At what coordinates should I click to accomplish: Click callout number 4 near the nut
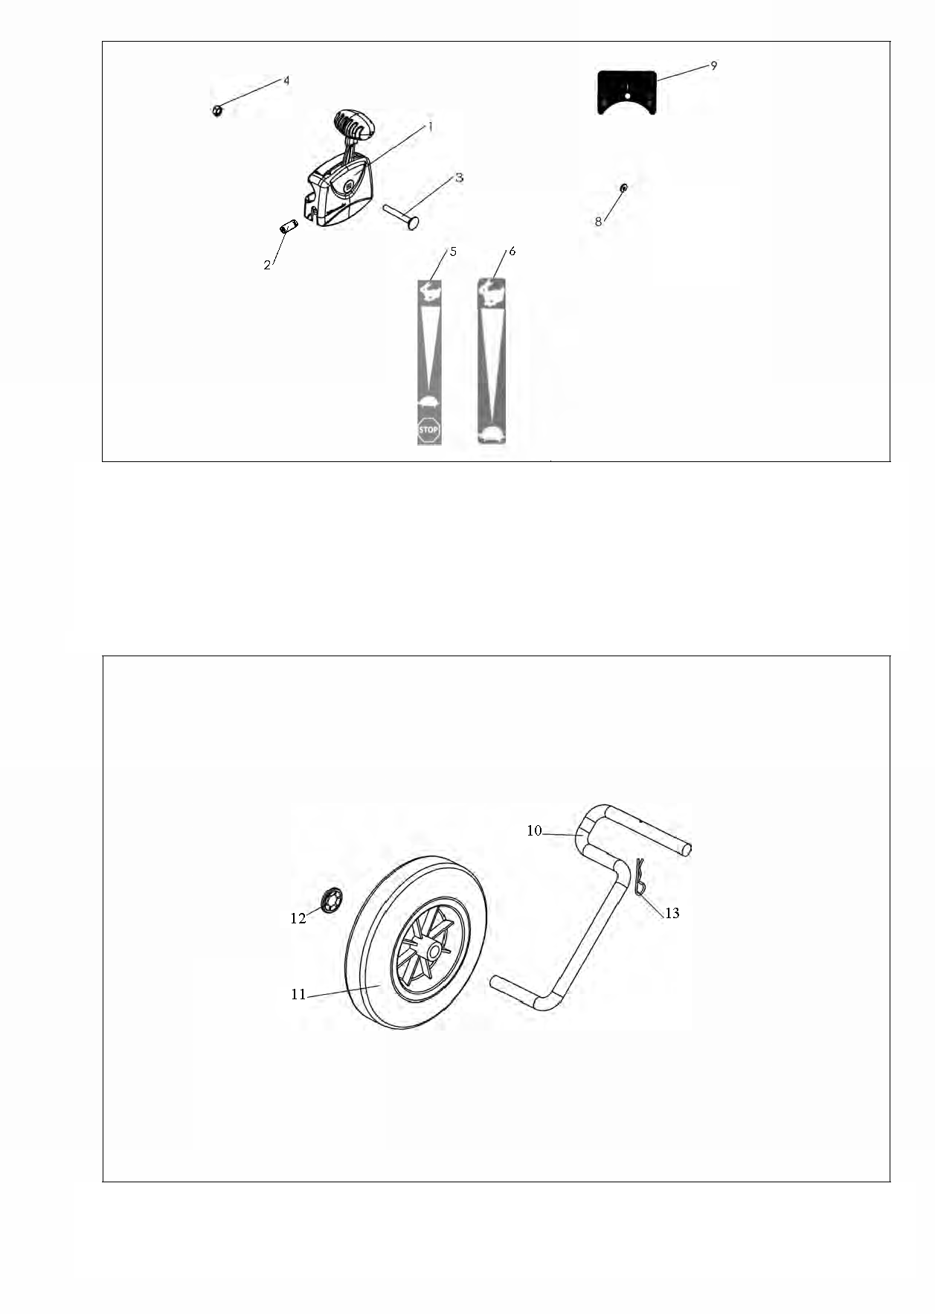pyautogui.click(x=286, y=80)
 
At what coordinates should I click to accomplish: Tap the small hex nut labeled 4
pyautogui.click(x=217, y=111)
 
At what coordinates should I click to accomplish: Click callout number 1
pyautogui.click(x=429, y=126)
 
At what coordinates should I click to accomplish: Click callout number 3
pyautogui.click(x=460, y=178)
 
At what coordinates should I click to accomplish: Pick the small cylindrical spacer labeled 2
pyautogui.click(x=289, y=227)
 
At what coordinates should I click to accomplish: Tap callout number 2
pyautogui.click(x=267, y=266)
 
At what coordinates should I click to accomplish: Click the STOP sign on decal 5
pyautogui.click(x=429, y=430)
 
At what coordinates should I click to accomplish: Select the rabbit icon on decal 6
pyautogui.click(x=490, y=291)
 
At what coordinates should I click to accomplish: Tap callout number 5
pyautogui.click(x=453, y=251)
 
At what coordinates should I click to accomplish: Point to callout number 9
pyautogui.click(x=714, y=65)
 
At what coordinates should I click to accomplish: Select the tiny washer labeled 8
pyautogui.click(x=623, y=188)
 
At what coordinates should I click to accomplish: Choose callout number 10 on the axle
pyautogui.click(x=534, y=831)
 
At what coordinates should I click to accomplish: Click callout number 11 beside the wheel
pyautogui.click(x=298, y=995)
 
